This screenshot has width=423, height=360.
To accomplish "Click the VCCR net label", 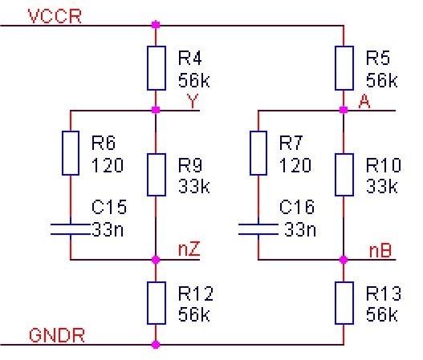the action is pos(55,16).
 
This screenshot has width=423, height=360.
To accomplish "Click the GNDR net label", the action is pos(57,335).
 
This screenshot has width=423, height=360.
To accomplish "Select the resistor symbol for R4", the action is pos(157,68).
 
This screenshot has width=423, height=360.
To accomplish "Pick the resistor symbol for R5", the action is pos(344,68).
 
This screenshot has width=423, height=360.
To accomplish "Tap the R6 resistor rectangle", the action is pos(71,153).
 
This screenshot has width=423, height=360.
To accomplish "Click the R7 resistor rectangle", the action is pos(258,153).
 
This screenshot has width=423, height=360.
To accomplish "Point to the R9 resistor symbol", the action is pos(157,175).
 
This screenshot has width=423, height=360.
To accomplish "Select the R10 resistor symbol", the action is pos(344,175).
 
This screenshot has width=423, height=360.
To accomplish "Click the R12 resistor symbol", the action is pos(157,303).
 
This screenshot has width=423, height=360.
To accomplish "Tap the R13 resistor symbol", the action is pos(344,303).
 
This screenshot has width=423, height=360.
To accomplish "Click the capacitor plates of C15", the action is pos(71,229).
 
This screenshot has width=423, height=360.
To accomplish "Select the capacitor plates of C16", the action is pos(258,229).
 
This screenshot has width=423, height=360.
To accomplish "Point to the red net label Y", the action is pos(193,101).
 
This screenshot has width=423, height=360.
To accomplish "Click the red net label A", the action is pos(364,101).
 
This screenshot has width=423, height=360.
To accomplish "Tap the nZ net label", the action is pos(189,249).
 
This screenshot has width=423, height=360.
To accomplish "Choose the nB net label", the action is pos(380,251).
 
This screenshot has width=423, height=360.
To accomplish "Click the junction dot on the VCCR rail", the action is pos(156,25).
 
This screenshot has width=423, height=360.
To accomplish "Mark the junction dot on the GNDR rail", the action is pos(156,345).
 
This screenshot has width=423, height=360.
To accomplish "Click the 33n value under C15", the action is pos(108,229).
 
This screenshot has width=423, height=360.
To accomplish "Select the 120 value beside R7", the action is pos(295,165).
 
